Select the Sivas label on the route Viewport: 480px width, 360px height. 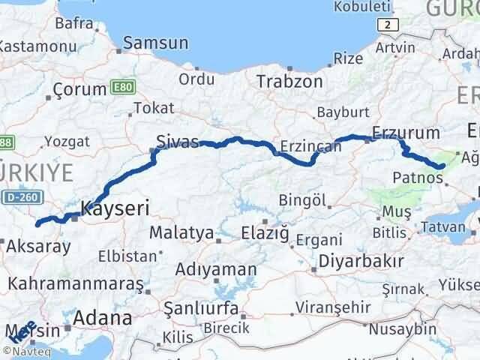[x=178, y=141]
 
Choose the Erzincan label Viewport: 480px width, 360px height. [x=310, y=146]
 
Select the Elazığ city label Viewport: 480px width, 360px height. [x=263, y=234]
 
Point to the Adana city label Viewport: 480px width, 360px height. [x=103, y=317]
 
